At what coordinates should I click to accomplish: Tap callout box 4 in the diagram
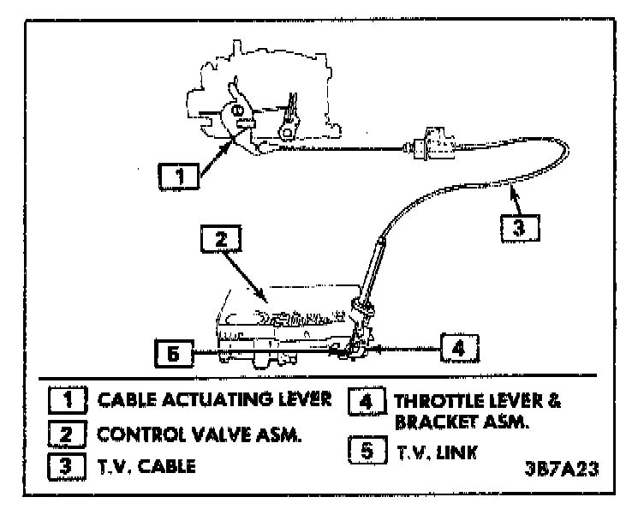(x=459, y=348)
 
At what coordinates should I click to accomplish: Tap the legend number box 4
(x=367, y=399)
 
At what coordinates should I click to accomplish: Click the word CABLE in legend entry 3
(x=169, y=468)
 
